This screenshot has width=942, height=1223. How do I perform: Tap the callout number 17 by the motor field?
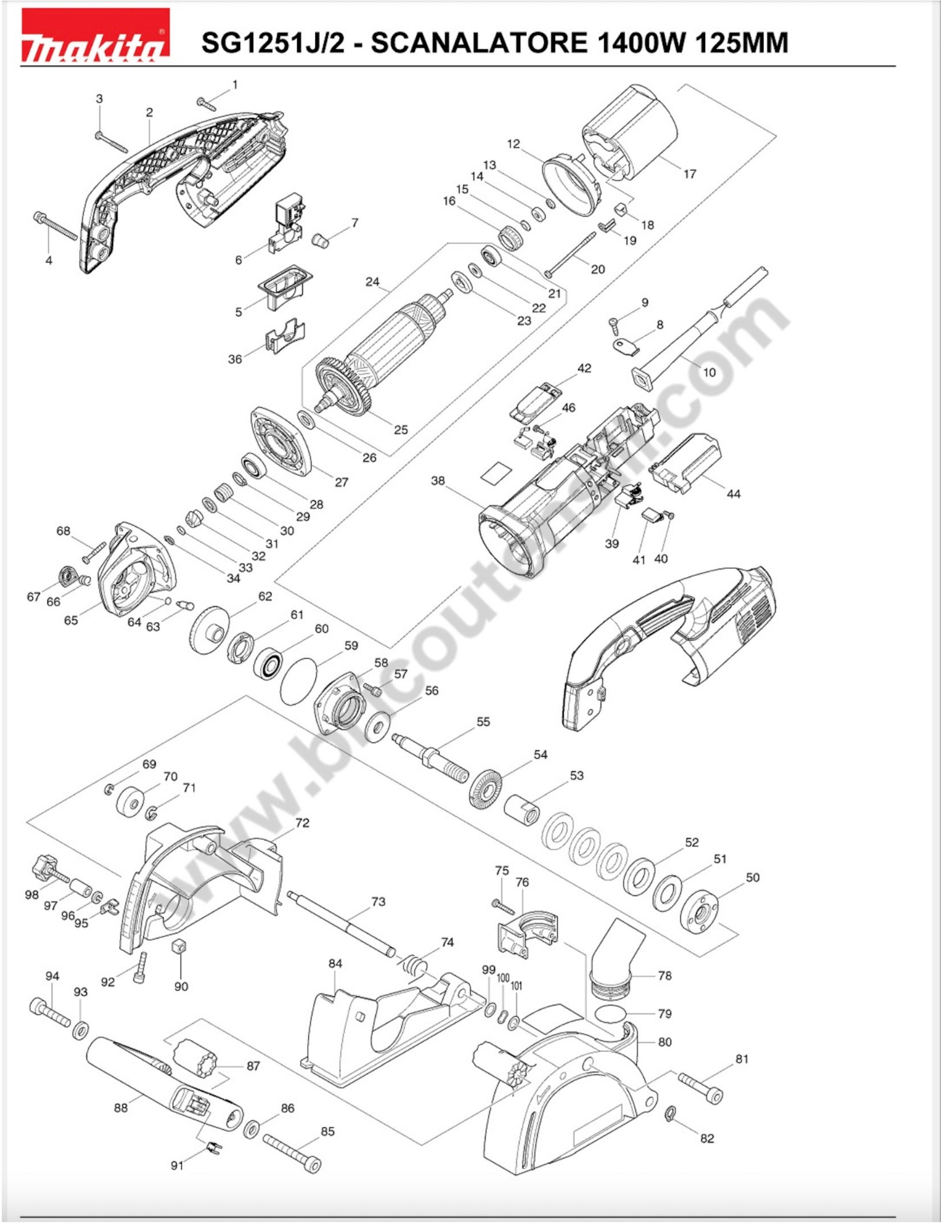(689, 174)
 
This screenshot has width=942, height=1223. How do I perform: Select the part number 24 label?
(373, 282)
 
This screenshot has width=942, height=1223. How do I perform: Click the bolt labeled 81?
(701, 1087)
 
